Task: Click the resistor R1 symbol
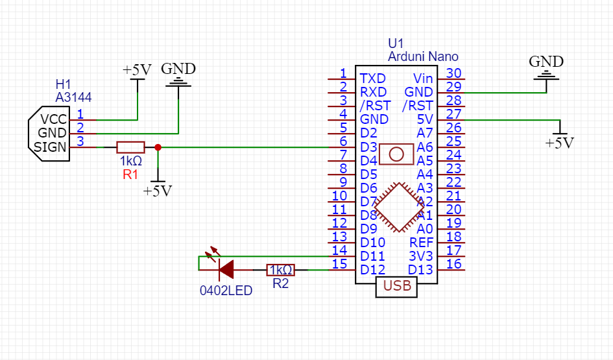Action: pyautogui.click(x=130, y=147)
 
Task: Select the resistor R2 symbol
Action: pyautogui.click(x=281, y=270)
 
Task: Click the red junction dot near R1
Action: pyautogui.click(x=158, y=147)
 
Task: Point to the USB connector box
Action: pyautogui.click(x=396, y=286)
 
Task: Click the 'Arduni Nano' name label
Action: pyautogui.click(x=423, y=57)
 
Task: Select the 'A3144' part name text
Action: pyautogui.click(x=73, y=98)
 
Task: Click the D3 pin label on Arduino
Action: pyautogui.click(x=369, y=147)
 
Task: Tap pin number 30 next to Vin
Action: pyautogui.click(x=454, y=74)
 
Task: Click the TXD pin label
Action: pyautogui.click(x=374, y=78)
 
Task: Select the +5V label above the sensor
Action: pyautogui.click(x=137, y=70)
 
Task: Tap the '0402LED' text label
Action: pyautogui.click(x=226, y=291)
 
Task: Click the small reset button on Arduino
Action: pyautogui.click(x=396, y=154)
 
